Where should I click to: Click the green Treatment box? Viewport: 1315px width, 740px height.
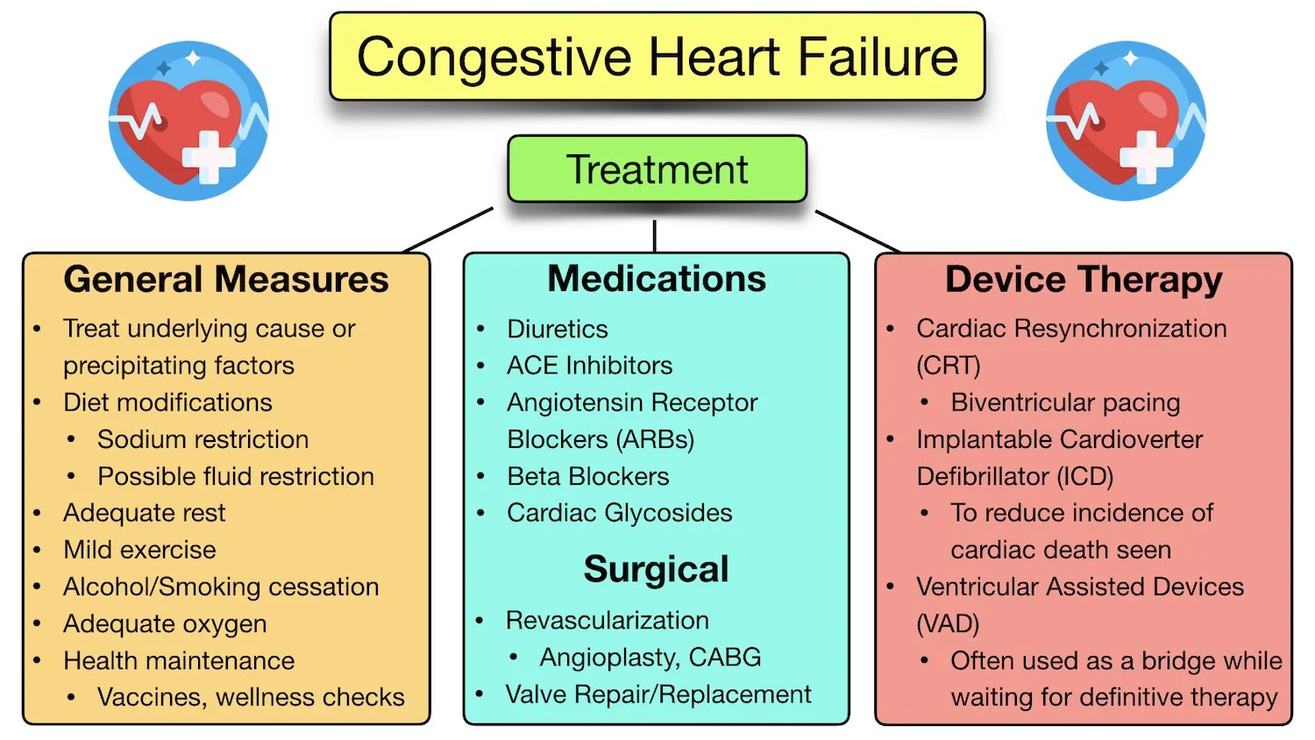tap(657, 169)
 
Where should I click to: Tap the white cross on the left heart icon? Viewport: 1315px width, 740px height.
tap(209, 157)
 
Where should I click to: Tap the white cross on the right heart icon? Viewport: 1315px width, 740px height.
tap(1146, 157)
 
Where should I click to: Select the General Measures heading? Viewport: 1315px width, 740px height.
tap(226, 280)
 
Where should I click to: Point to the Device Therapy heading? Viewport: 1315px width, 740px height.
tap(1084, 280)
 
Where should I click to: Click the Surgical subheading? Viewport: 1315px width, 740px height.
tap(656, 569)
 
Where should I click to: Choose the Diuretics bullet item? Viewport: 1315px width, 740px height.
tap(557, 329)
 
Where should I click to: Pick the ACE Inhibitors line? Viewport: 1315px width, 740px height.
tap(589, 366)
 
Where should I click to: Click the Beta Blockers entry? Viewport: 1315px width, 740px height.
tap(587, 476)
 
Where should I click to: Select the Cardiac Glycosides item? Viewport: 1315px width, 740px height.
tap(619, 513)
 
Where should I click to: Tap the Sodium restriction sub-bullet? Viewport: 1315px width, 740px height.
tap(203, 439)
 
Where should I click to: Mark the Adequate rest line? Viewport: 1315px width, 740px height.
tap(144, 513)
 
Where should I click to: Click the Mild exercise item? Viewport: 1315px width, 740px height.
tap(139, 550)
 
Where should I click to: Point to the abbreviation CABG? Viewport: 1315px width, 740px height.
tap(724, 657)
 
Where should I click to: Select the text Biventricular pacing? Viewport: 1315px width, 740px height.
tap(1065, 402)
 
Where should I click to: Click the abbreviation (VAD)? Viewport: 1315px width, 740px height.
tap(948, 623)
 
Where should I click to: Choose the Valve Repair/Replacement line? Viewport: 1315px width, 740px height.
tap(658, 694)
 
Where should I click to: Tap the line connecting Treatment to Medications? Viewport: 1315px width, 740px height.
tap(655, 236)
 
